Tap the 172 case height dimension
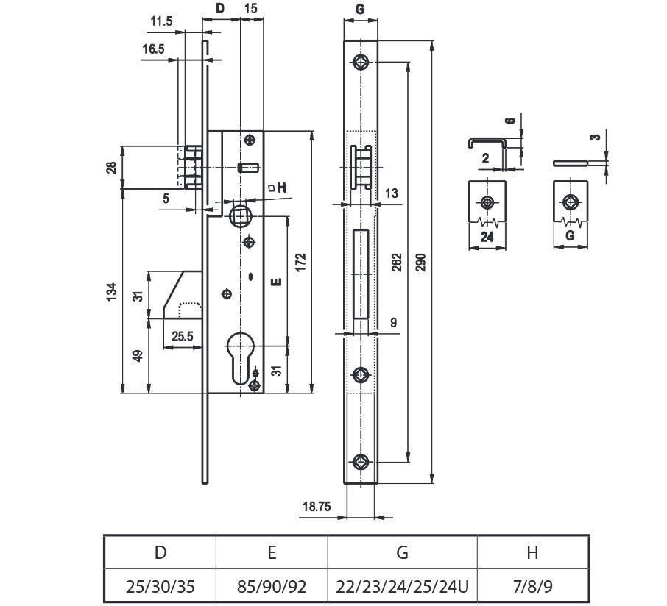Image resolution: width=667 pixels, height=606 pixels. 301,263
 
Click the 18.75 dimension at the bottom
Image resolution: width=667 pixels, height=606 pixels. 314,506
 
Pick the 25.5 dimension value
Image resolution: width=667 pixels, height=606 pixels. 183,337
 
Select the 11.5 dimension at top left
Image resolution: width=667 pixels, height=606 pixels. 161,22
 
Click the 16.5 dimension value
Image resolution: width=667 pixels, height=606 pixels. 154,49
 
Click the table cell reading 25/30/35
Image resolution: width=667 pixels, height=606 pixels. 160,587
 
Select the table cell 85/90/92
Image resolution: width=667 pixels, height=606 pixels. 272,587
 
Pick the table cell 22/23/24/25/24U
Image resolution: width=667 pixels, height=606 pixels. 402,587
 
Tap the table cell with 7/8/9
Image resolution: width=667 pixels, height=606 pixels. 533,587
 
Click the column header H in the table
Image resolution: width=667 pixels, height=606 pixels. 533,552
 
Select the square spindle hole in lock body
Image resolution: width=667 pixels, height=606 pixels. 240,215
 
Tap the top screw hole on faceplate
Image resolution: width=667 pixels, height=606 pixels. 361,62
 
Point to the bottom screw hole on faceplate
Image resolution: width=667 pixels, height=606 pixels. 361,462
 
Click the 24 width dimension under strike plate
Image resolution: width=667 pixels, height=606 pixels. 487,237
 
